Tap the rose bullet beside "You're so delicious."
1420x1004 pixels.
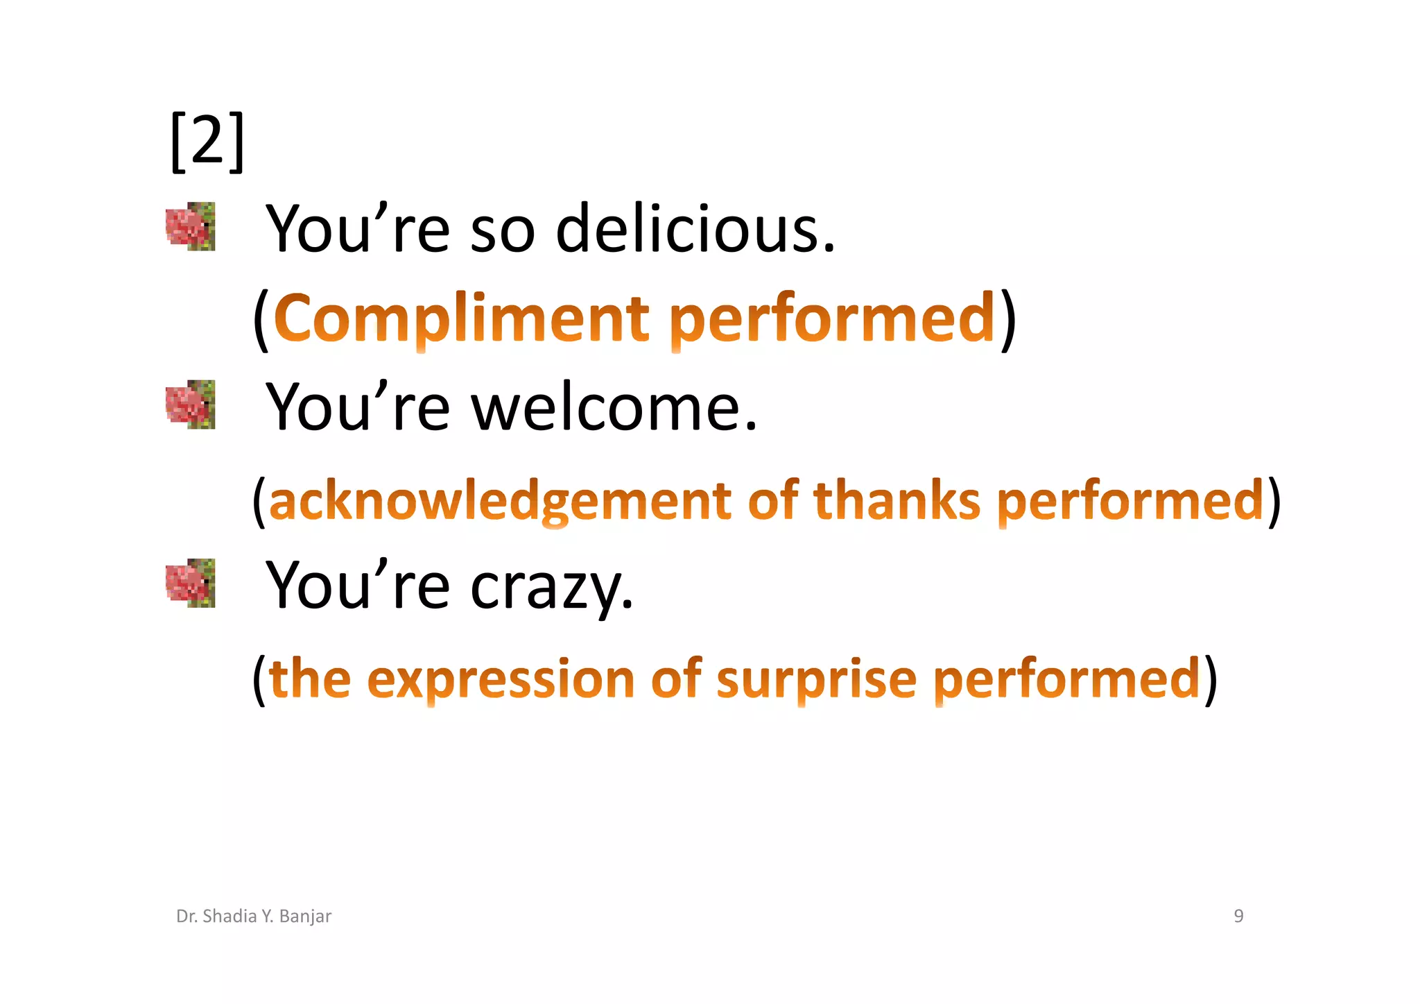(191, 226)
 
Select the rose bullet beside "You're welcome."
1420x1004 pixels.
(191, 405)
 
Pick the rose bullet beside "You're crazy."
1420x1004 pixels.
(191, 583)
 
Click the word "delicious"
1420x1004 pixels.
(695, 229)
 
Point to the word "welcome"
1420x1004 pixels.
(614, 407)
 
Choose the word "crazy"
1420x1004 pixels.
(551, 587)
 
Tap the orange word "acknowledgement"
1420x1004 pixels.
(499, 501)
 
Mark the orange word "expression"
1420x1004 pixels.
(501, 680)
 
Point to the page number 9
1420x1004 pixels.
(1238, 916)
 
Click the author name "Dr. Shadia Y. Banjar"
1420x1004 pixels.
(254, 916)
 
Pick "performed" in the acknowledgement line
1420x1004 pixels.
(1130, 501)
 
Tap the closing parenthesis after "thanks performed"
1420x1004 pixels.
(1274, 501)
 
